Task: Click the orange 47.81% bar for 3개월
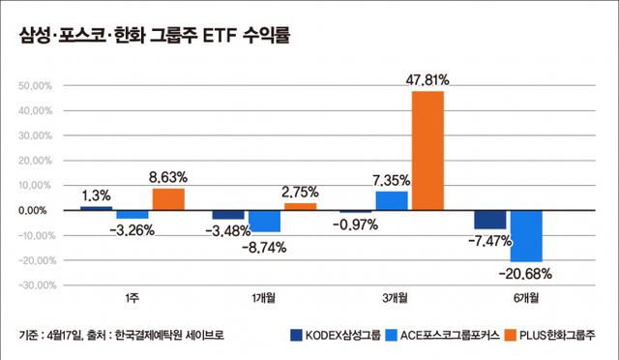(x=427, y=150)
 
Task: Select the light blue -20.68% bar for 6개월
(x=526, y=235)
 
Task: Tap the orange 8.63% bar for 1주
(x=168, y=198)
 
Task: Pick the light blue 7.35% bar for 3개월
(x=392, y=200)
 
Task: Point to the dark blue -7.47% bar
(x=490, y=220)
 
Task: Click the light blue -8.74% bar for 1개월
(x=264, y=221)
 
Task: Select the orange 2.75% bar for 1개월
(x=300, y=206)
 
